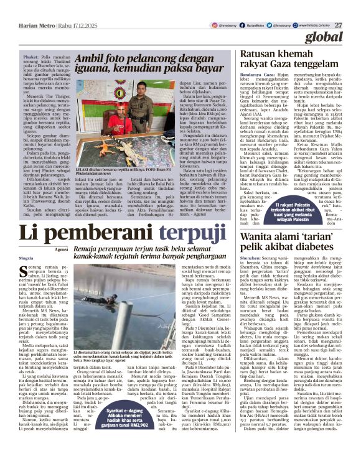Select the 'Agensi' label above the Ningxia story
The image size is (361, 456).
click(x=62, y=249)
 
